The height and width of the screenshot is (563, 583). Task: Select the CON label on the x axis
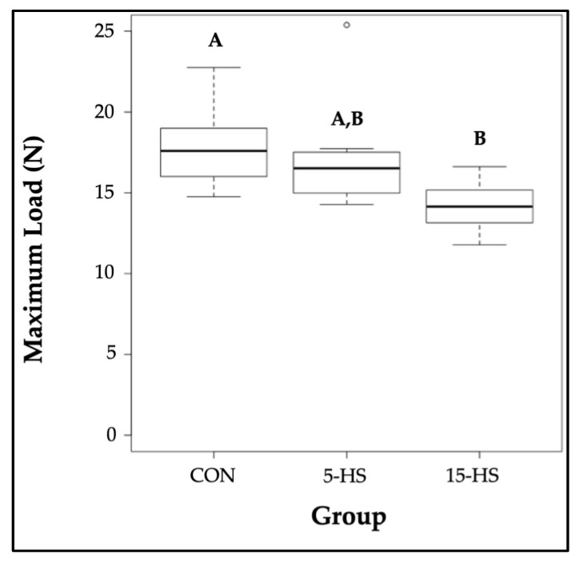[x=214, y=477]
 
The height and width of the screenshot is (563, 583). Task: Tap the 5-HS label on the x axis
[x=346, y=477]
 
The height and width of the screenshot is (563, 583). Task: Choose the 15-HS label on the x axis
[x=479, y=477]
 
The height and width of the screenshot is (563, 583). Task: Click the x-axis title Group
[x=348, y=516]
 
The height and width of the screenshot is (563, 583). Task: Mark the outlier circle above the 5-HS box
[x=346, y=25]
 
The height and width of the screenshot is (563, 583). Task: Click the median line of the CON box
[x=214, y=150]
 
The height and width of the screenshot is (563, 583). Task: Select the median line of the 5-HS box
[x=346, y=168]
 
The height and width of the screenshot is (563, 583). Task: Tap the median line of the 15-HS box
[x=479, y=206]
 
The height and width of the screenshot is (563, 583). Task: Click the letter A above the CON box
[x=214, y=40]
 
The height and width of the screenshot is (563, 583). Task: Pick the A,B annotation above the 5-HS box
[x=348, y=120]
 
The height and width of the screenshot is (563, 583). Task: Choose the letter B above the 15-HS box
[x=480, y=138]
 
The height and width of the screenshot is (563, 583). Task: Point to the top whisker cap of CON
[x=214, y=67]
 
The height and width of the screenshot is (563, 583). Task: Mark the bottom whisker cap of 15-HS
[x=479, y=245]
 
